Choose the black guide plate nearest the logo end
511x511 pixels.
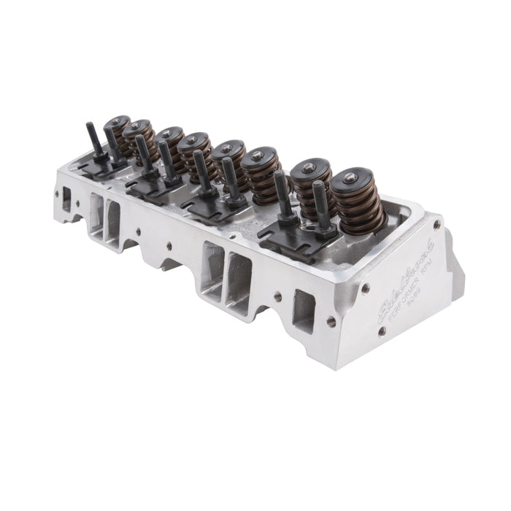coord(296,237)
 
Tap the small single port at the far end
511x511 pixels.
coord(66,199)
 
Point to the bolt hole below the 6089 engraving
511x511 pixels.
coord(381,331)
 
